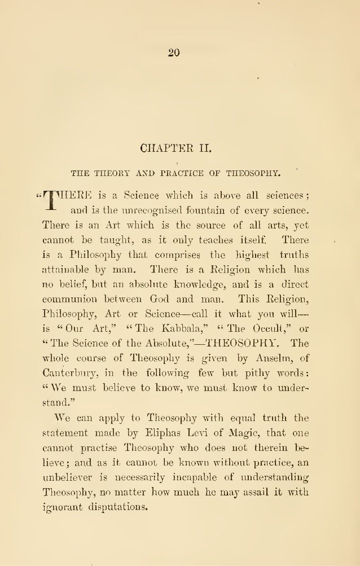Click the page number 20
[174, 52]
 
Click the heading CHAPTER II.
[175, 150]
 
